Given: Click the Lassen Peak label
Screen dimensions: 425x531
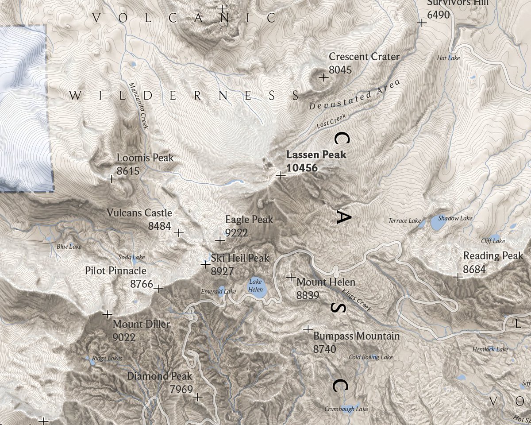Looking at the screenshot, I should tap(316, 155).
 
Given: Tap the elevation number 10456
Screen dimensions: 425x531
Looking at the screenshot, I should tap(302, 168).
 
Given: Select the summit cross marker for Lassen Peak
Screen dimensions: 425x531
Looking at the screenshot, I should tap(280, 175).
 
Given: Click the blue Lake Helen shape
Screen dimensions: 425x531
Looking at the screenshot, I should tap(257, 289).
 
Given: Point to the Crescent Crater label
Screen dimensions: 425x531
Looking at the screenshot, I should tap(364, 57).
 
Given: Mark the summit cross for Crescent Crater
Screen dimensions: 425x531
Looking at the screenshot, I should tap(324, 77).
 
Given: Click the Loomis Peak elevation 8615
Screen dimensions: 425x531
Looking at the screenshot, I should tap(128, 171).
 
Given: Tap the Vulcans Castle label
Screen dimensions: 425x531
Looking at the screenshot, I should tap(139, 213).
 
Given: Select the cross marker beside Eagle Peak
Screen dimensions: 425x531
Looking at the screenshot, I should tap(219, 240).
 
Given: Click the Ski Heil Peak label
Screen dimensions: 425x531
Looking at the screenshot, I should tap(240, 258).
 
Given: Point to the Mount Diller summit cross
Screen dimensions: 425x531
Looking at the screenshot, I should tap(107, 314).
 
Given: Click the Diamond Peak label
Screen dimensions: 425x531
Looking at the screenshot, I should tap(160, 376).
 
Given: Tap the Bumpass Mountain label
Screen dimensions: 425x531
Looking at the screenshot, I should tap(356, 336).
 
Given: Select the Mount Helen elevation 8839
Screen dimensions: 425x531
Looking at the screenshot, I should tap(308, 295).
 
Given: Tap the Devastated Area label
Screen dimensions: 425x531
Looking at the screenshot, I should tap(354, 94).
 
